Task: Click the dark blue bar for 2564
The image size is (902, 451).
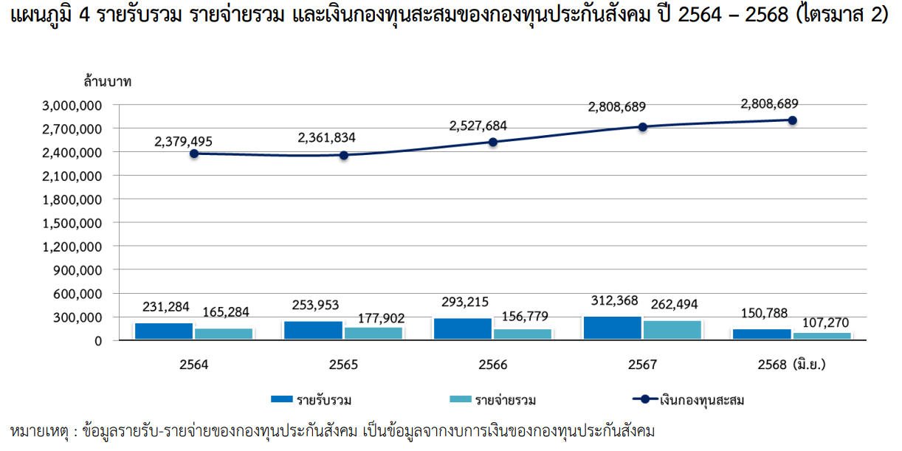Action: coord(164,331)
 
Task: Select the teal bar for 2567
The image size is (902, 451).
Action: coord(672,330)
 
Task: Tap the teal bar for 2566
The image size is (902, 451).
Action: coord(523,334)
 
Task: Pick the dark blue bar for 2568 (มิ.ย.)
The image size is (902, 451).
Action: coord(762,334)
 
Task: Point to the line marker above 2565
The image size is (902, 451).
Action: coord(344,155)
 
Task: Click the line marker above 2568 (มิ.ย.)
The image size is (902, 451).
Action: coord(793,120)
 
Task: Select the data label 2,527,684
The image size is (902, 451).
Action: coord(478,125)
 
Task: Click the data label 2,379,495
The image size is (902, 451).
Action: coord(184,139)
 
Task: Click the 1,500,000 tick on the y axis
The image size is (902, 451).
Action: coord(72,223)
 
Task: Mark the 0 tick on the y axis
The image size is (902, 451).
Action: coord(97,341)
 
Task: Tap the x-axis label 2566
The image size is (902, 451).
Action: coord(493,365)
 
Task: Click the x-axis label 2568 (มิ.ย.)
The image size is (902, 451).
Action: coord(791,365)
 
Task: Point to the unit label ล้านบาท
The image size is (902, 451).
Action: coord(107,80)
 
